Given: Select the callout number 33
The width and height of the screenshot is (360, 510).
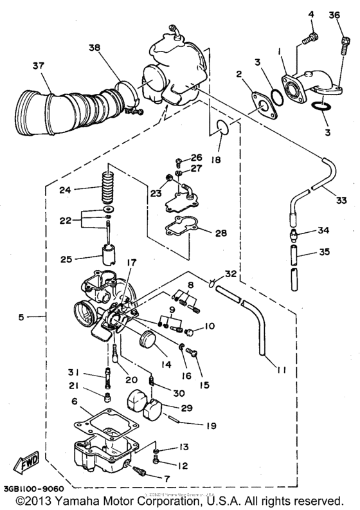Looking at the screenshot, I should tap(342, 200).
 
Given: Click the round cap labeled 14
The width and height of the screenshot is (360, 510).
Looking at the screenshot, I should tap(149, 339).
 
